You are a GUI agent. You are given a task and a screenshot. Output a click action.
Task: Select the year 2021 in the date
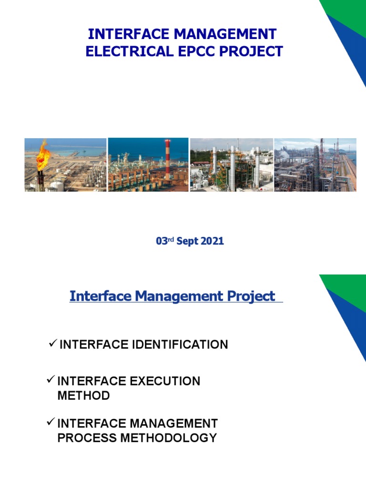(212, 241)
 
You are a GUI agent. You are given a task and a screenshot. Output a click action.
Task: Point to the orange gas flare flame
(43, 152)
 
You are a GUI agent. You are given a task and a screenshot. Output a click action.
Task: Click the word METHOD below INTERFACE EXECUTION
(83, 396)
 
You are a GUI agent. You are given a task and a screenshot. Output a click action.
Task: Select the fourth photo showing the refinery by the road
(315, 165)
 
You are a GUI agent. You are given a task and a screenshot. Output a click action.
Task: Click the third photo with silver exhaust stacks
(232, 165)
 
